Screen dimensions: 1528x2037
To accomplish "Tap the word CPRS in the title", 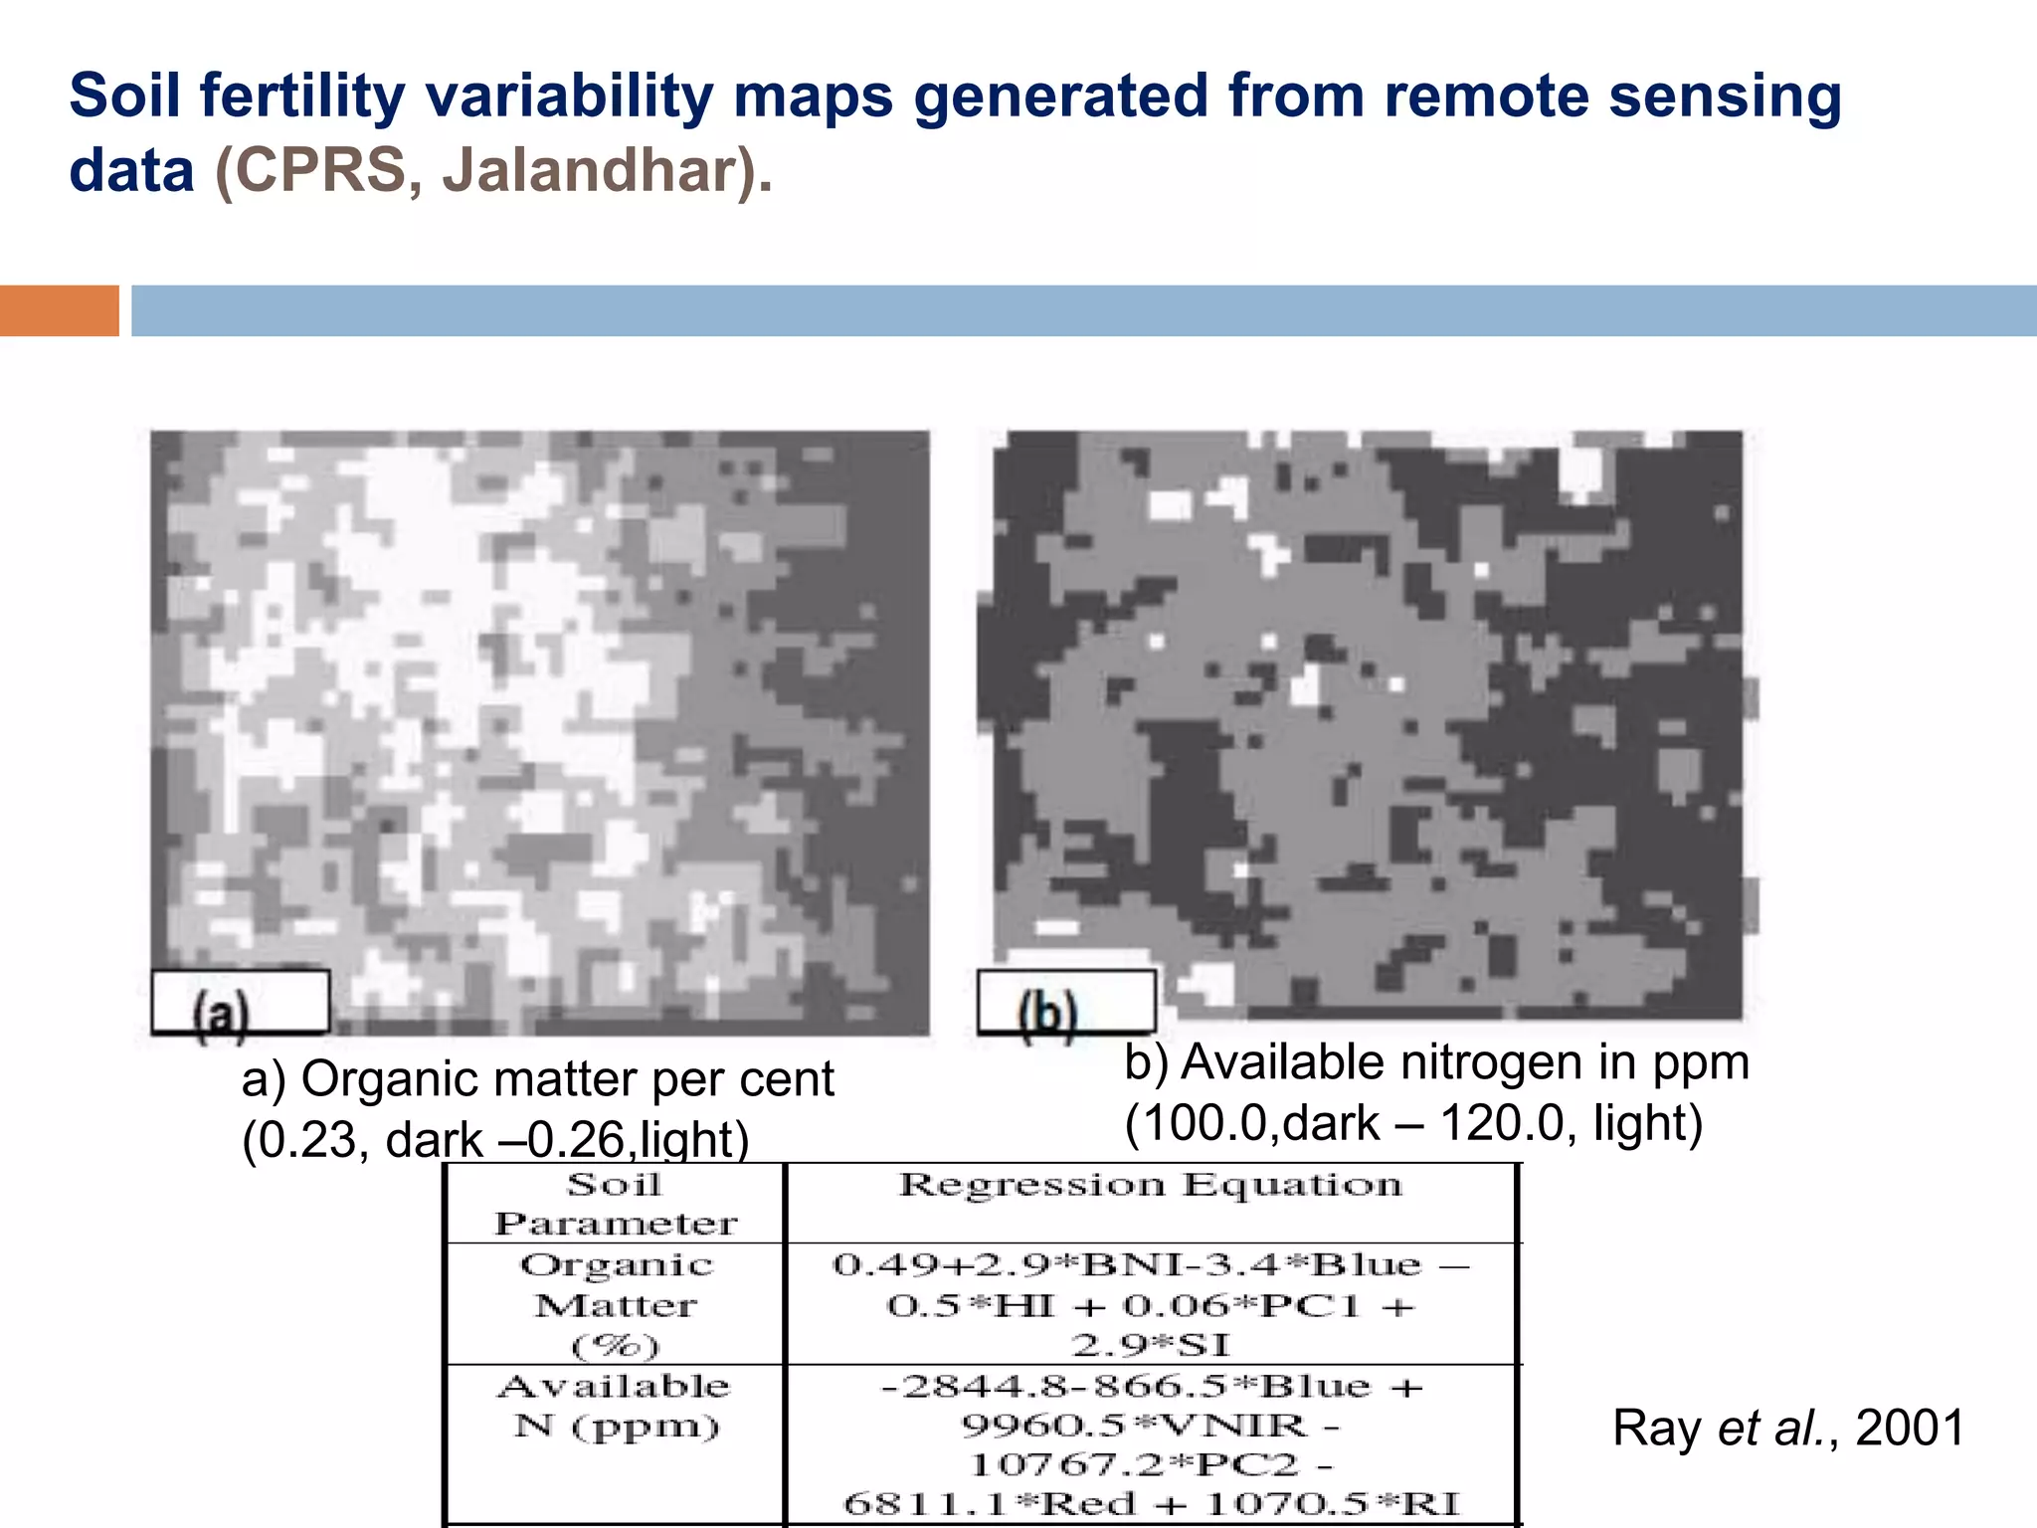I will [x=320, y=170].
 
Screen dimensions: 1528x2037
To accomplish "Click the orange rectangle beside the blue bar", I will [x=59, y=310].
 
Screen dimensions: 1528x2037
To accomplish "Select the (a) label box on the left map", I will [x=240, y=1003].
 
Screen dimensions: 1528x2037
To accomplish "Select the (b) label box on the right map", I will [x=1066, y=1003].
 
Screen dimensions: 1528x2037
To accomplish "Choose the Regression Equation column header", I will [x=1151, y=1185].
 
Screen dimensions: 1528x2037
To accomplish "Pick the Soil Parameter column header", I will [x=615, y=1203].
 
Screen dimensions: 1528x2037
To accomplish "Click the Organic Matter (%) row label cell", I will [x=615, y=1304].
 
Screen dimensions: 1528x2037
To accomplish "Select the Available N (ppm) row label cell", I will [x=615, y=1406].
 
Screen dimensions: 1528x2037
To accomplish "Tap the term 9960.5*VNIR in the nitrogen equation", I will [x=1134, y=1426].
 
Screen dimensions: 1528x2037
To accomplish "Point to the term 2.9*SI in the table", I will [x=1151, y=1345].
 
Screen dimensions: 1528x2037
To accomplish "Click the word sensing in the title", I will [x=1725, y=96].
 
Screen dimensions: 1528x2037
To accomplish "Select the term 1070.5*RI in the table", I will [x=1333, y=1503].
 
